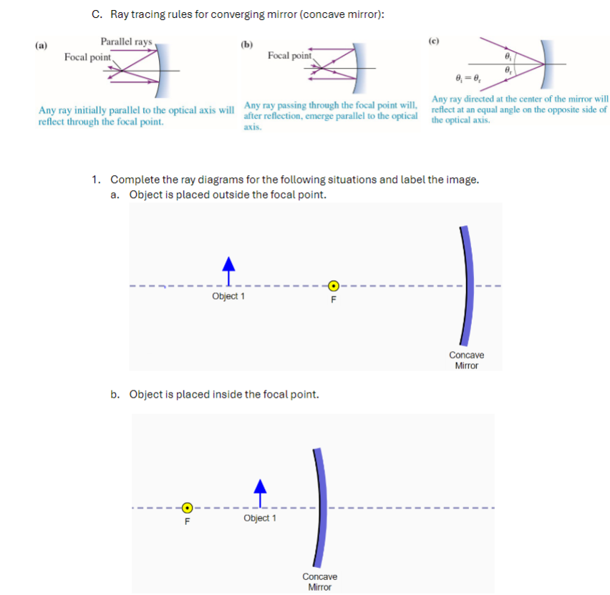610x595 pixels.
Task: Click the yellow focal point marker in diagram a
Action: click(333, 285)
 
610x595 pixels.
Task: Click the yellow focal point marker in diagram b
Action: click(187, 508)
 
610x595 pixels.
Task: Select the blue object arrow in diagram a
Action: click(228, 271)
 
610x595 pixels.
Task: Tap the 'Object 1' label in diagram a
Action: click(228, 296)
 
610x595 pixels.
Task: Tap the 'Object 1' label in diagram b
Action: click(260, 518)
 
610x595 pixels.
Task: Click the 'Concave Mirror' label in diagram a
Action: click(466, 360)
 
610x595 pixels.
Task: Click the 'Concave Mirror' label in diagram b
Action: click(319, 581)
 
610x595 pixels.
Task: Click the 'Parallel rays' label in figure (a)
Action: click(126, 41)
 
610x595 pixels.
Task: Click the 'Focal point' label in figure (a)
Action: click(87, 56)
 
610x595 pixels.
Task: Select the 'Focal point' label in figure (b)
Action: click(290, 55)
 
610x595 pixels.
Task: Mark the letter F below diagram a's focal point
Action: click(333, 299)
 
